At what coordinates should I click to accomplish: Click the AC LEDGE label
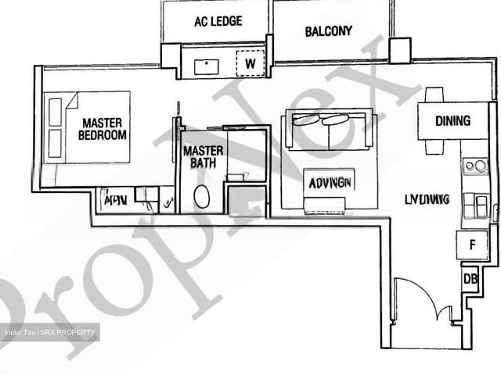tap(218, 22)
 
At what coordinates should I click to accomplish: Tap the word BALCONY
tap(328, 31)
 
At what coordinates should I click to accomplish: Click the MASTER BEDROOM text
tap(103, 129)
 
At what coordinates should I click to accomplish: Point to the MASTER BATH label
tap(203, 156)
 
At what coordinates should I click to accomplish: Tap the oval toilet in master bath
tap(201, 196)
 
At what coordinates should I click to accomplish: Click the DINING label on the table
tap(452, 121)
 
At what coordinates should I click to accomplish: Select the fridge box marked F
tap(472, 245)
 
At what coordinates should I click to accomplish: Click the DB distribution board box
tap(471, 278)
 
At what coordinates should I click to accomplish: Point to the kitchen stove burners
tap(474, 166)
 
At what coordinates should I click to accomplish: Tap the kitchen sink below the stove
tap(474, 206)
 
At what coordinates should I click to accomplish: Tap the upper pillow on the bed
tap(55, 112)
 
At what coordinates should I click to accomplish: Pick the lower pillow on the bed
tap(55, 143)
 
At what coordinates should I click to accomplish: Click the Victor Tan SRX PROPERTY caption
tap(50, 333)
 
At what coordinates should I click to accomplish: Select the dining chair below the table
tap(435, 147)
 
